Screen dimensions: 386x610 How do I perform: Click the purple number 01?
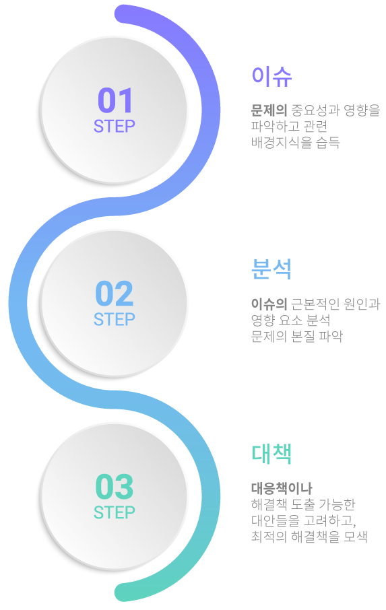115,100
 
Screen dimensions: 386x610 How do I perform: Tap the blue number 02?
115,293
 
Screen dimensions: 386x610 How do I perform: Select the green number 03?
115,486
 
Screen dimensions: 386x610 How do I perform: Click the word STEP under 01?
115,126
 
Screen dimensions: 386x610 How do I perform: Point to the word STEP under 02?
115,319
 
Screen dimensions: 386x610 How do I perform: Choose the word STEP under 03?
115,512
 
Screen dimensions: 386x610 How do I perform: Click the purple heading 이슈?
271,76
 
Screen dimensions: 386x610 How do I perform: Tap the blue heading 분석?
271,269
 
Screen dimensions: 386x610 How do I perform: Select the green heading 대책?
271,454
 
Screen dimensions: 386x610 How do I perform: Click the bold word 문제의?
269,110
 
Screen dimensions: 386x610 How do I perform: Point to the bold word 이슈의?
269,304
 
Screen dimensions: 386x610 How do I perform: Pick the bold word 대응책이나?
282,488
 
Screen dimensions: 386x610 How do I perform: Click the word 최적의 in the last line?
269,537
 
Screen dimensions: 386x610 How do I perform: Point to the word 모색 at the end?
356,537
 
